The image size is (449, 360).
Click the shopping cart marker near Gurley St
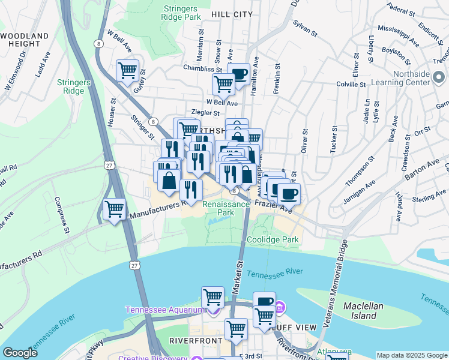point(127,71)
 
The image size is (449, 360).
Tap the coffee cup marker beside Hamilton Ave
point(239,74)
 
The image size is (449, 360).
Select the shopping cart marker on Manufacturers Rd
point(114,209)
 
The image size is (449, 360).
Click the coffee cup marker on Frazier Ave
point(289,194)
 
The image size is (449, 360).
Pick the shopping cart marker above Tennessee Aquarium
point(212,297)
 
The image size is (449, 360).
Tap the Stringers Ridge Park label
point(181,13)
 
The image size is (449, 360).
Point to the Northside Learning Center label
point(420,80)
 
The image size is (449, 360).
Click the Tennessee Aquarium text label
point(165,310)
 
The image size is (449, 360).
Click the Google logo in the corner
point(20,353)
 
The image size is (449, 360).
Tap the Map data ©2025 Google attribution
point(411,355)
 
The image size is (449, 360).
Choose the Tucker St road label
point(333,140)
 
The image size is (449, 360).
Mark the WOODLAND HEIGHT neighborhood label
point(24,40)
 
